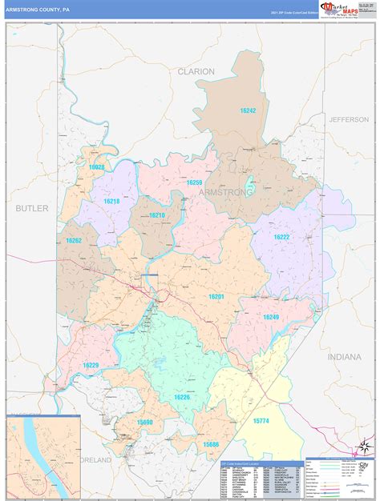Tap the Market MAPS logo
[x=342, y=9]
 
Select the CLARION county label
[x=196, y=71]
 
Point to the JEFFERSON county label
[x=348, y=119]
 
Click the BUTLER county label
[x=32, y=208]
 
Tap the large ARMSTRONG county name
[x=225, y=193]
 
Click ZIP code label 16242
[x=247, y=110]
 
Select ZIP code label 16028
[x=97, y=166]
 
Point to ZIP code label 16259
[x=194, y=182]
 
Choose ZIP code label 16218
[x=111, y=202]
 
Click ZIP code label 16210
[x=157, y=215]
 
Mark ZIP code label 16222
[x=281, y=237]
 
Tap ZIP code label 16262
[x=74, y=240]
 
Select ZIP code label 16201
[x=216, y=297]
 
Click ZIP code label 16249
[x=271, y=317]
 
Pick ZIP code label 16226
[x=182, y=397]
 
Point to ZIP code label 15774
[x=262, y=419]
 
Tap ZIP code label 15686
[x=211, y=444]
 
